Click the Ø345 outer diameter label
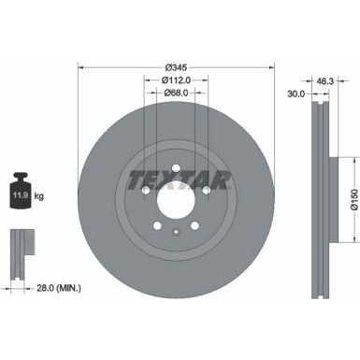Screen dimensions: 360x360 pos(177,67)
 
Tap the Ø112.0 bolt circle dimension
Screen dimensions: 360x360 pos(177,79)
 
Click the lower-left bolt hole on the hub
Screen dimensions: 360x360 pos(157,224)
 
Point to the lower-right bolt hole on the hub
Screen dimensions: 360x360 pos(196,224)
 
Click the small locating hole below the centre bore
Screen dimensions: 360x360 pos(177,230)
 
